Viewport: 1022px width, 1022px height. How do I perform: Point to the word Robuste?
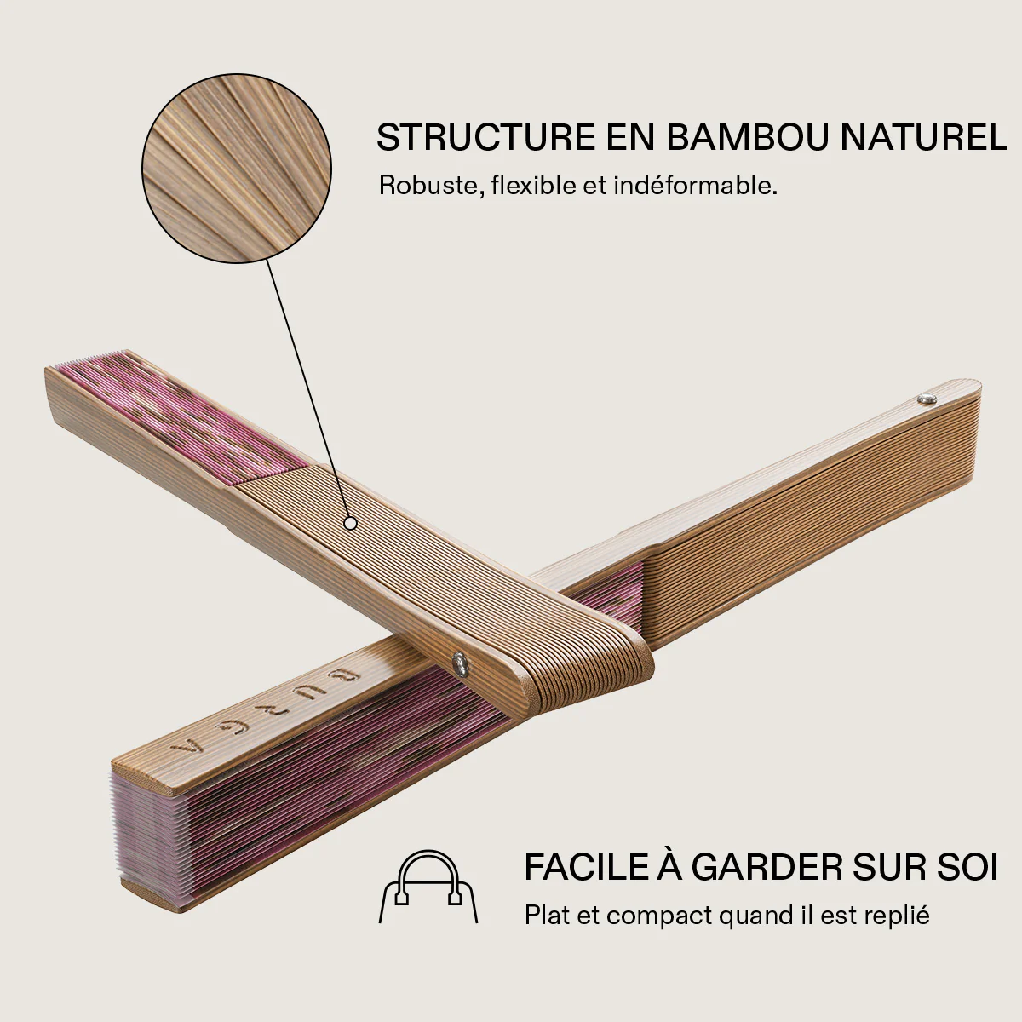(431, 186)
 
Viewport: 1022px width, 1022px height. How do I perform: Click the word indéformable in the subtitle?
(695, 186)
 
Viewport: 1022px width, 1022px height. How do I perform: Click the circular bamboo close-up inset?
(237, 168)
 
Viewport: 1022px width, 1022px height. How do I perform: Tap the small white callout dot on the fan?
(350, 524)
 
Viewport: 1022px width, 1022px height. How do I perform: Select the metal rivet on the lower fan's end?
(927, 399)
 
